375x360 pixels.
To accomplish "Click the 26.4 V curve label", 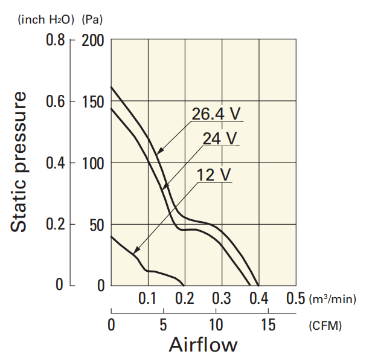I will (x=217, y=114).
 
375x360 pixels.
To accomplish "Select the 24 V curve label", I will (x=220, y=138).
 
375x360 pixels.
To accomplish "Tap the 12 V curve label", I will (x=214, y=175).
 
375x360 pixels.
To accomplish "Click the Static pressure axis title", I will (x=20, y=162).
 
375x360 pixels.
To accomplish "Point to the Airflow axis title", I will (x=203, y=345).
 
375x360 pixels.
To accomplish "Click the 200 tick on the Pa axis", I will (x=92, y=41).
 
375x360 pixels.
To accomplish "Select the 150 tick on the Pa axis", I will (x=92, y=101).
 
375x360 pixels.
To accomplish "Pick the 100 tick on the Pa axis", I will (x=92, y=163).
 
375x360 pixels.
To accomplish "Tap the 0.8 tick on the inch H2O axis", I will (x=56, y=41).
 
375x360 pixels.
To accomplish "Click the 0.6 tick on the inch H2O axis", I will (x=56, y=101).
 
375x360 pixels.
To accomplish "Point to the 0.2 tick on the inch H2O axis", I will (x=56, y=225).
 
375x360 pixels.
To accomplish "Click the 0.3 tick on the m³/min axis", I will (x=222, y=298).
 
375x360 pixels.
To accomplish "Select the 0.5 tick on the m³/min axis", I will (x=295, y=298).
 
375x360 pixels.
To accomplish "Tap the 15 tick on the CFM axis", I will (x=268, y=326).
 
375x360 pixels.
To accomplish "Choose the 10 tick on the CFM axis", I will (x=216, y=326).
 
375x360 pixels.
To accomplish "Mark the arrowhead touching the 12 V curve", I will (x=135, y=251).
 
